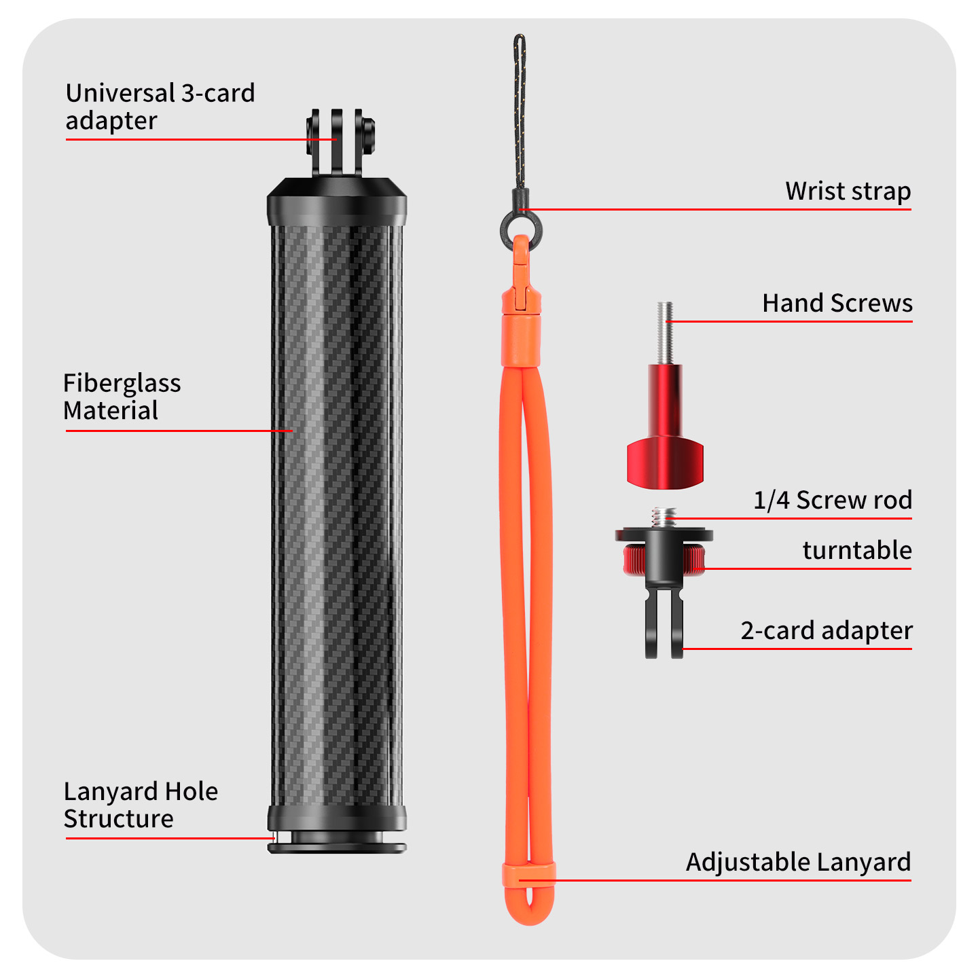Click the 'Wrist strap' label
pyautogui.click(x=848, y=192)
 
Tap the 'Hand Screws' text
pyautogui.click(x=837, y=303)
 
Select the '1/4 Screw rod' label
pyautogui.click(x=833, y=500)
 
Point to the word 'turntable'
pyautogui.click(x=856, y=550)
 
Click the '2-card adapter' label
pyautogui.click(x=827, y=631)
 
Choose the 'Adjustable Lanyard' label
pyautogui.click(x=798, y=862)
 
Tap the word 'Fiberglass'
pyautogui.click(x=122, y=384)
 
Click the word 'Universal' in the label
pyautogui.click(x=120, y=93)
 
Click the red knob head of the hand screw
pyautogui.click(x=664, y=465)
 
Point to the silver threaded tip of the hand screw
pyautogui.click(x=664, y=333)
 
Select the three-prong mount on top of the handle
pyautogui.click(x=340, y=143)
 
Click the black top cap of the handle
pyautogui.click(x=336, y=202)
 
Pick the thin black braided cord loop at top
pyautogui.click(x=519, y=111)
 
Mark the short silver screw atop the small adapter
pyautogui.click(x=664, y=518)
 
